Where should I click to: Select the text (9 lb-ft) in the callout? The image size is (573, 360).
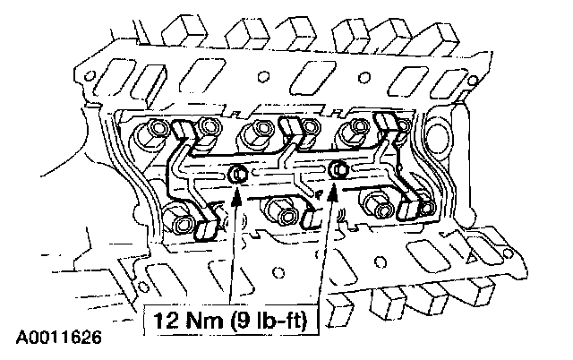pos(269,321)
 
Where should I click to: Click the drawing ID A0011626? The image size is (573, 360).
pos(59,338)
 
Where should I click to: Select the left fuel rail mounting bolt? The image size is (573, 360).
pos(237,174)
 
